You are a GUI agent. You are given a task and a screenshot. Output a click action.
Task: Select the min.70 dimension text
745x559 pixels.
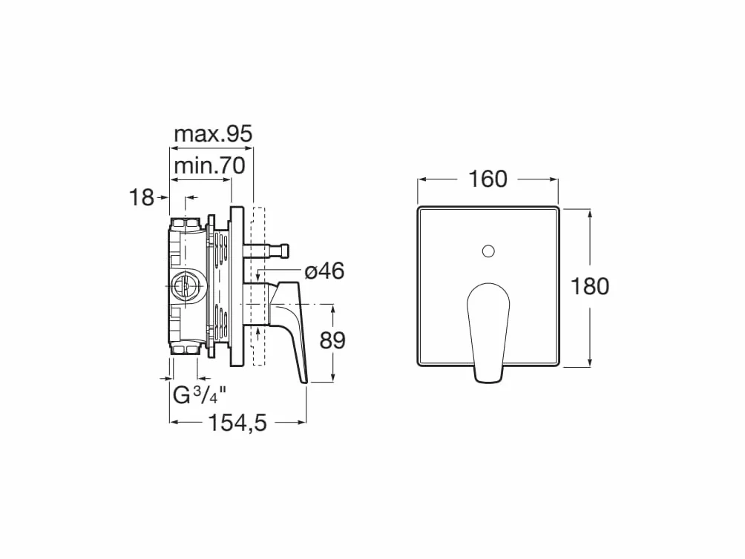pyautogui.click(x=209, y=166)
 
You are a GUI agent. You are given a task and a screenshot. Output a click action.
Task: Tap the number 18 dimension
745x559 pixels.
pyautogui.click(x=142, y=197)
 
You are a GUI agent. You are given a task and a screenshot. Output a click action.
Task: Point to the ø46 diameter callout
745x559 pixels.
pyautogui.click(x=324, y=271)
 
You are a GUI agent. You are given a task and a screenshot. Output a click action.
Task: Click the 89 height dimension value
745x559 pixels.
pyautogui.click(x=332, y=340)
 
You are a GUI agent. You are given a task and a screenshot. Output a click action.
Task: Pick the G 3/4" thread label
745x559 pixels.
pyautogui.click(x=196, y=395)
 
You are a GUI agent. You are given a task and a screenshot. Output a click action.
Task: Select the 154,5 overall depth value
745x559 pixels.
pyautogui.click(x=238, y=423)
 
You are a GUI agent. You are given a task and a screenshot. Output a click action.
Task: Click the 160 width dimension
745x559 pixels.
pyautogui.click(x=488, y=179)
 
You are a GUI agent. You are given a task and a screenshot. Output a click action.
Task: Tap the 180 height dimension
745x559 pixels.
pyautogui.click(x=590, y=287)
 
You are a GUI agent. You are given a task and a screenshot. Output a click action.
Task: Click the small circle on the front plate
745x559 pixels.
pyautogui.click(x=488, y=251)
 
